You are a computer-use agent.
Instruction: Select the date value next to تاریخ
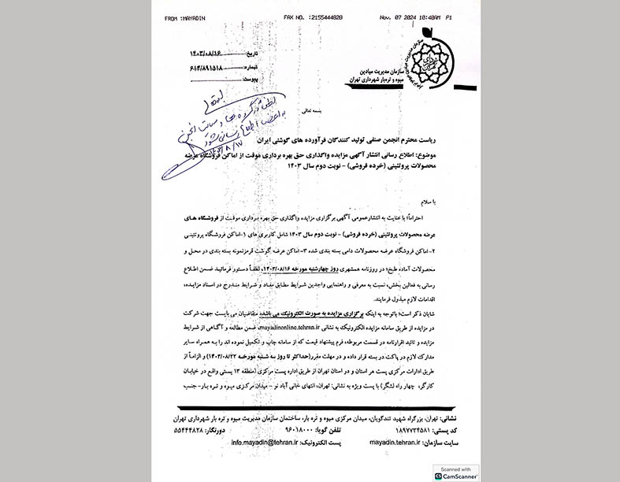210,53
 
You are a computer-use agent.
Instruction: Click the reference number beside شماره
209,66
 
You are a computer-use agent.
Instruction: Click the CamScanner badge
457,472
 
